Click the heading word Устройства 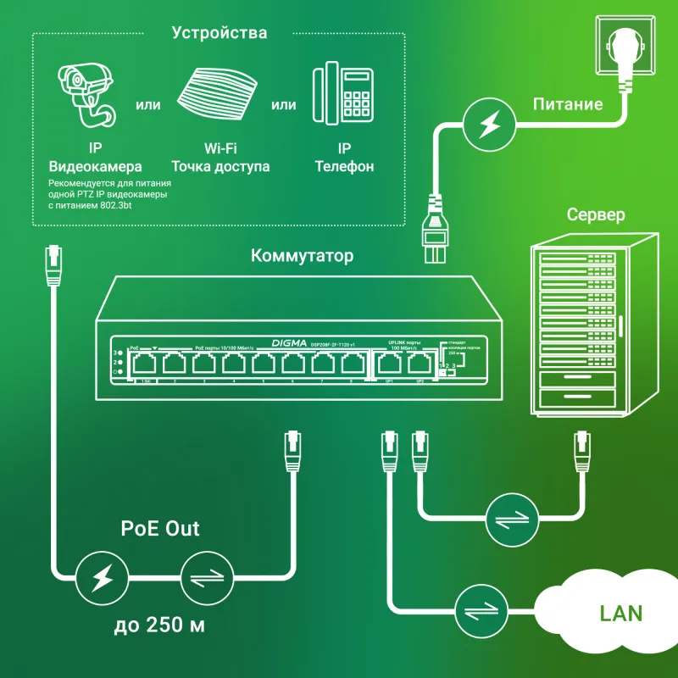219,34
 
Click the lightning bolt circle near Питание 488,124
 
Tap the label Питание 568,105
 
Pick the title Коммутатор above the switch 302,256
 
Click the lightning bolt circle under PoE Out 101,580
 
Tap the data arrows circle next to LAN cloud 480,610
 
